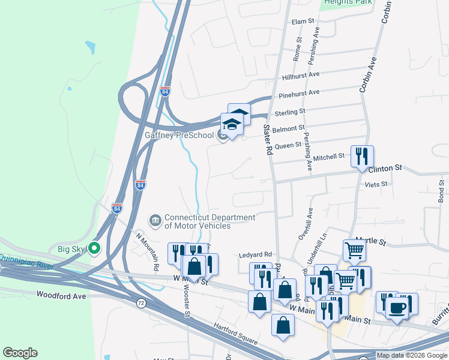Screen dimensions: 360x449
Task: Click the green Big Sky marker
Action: pyautogui.click(x=94, y=247)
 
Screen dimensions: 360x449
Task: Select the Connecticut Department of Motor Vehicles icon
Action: pyautogui.click(x=155, y=221)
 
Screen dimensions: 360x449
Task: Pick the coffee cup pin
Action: pyautogui.click(x=396, y=308)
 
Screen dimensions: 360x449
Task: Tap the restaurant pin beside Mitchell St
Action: pyautogui.click(x=362, y=157)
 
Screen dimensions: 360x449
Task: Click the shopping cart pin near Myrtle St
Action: pyautogui.click(x=355, y=250)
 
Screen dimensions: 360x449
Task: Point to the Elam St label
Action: pyautogui.click(x=303, y=22)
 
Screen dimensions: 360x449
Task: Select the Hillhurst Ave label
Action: pyautogui.click(x=302, y=76)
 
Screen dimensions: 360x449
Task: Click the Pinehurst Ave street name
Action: pyautogui.click(x=299, y=94)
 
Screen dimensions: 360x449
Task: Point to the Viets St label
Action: pyautogui.click(x=376, y=185)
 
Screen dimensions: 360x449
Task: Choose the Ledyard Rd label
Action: pyautogui.click(x=256, y=254)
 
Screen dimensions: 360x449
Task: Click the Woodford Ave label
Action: pyautogui.click(x=61, y=295)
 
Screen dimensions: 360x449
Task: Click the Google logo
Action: pyautogui.click(x=20, y=353)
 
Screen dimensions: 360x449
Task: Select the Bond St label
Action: pyautogui.click(x=441, y=190)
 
